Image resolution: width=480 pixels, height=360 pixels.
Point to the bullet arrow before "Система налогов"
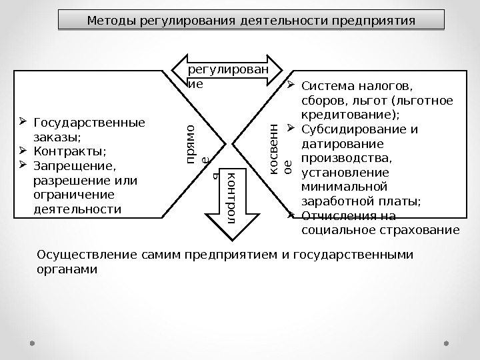click(x=291, y=85)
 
